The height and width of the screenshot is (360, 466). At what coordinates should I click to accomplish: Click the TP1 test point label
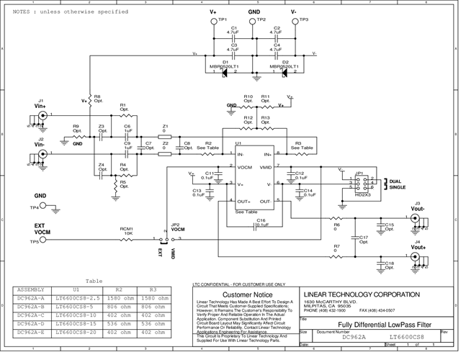pos(223,19)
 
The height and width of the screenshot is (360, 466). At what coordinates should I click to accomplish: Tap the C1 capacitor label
pos(233,28)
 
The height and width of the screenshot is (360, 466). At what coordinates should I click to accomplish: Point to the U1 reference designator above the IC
pos(238,144)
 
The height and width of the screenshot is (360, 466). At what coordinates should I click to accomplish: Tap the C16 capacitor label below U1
pos(261,220)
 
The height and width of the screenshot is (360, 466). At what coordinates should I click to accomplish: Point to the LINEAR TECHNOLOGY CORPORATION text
pos(361,294)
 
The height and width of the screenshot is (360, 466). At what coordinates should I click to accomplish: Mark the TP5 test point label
pos(34,242)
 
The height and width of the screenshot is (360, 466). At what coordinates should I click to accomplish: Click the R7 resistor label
pos(336,247)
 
